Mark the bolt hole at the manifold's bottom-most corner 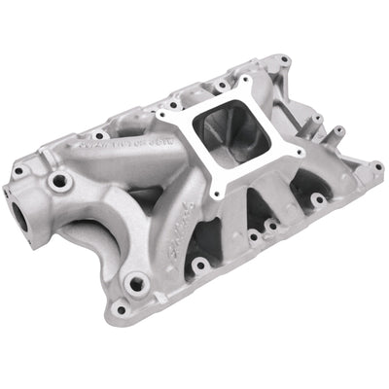pos(121,310)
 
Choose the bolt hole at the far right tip pos(376,167)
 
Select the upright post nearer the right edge pos(337,133)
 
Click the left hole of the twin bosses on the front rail pos(253,235)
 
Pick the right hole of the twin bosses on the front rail pos(267,230)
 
